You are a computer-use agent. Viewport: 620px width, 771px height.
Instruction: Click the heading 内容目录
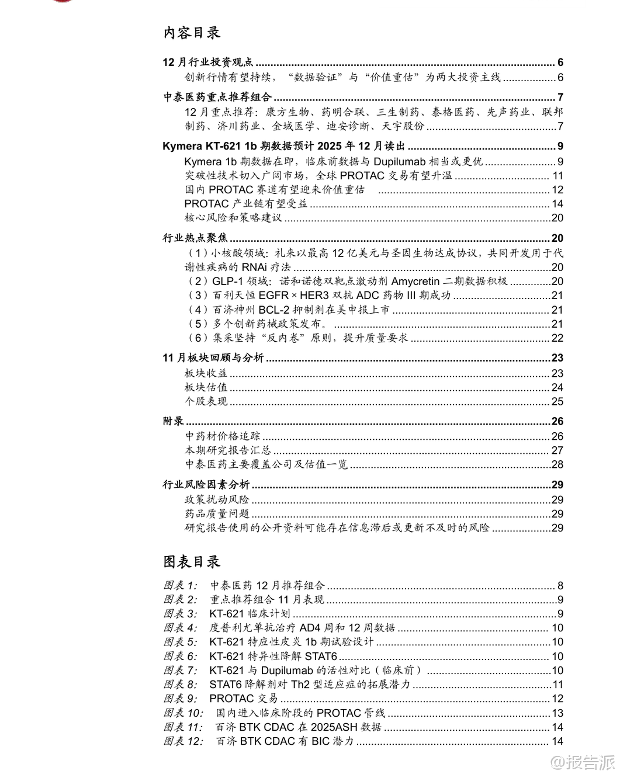click(192, 33)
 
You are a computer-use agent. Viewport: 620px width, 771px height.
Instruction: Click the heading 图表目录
click(192, 562)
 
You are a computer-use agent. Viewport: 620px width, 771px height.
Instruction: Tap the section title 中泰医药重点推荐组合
click(217, 98)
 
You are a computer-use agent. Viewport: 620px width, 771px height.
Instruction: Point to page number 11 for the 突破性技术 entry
click(557, 176)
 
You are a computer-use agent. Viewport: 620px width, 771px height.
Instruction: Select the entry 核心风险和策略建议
click(233, 218)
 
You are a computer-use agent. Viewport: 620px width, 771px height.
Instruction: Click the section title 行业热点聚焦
click(195, 238)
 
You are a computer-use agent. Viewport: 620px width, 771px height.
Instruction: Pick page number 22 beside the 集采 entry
click(557, 338)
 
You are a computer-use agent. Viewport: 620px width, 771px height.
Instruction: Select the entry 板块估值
click(206, 387)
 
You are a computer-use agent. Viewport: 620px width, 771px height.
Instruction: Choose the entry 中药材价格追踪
click(223, 436)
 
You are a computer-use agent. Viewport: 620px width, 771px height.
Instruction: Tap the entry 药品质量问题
click(217, 514)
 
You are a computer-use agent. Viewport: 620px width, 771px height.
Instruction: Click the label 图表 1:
click(181, 585)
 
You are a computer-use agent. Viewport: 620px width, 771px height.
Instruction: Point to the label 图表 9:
click(181, 699)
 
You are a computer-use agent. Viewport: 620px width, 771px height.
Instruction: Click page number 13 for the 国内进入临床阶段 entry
click(557, 713)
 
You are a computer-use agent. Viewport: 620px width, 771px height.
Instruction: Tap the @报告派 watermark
click(584, 762)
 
